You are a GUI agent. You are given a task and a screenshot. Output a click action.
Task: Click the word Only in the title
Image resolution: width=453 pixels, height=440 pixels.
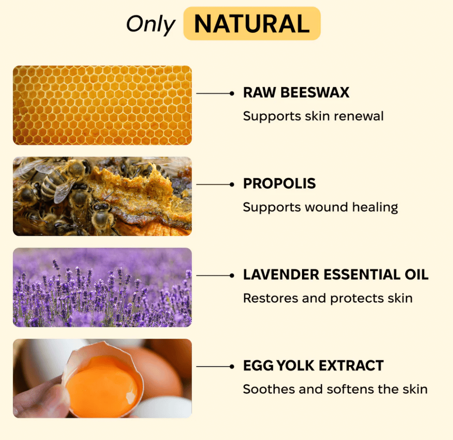[151, 24]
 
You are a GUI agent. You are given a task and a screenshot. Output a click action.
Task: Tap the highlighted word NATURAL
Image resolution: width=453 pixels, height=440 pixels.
[252, 24]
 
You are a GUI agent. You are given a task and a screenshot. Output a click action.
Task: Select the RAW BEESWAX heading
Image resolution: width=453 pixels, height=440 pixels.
[296, 93]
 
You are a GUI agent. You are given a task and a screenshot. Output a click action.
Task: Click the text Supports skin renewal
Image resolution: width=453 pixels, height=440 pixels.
[313, 116]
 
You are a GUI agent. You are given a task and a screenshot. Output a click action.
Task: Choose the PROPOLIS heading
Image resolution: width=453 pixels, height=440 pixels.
[279, 183]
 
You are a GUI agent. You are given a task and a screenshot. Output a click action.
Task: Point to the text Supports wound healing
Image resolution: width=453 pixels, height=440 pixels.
[321, 207]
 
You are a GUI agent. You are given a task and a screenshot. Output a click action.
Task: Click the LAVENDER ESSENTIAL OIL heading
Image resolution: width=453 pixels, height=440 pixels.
[336, 275]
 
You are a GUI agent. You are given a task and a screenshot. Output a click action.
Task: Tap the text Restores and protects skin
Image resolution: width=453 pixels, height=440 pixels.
[328, 298]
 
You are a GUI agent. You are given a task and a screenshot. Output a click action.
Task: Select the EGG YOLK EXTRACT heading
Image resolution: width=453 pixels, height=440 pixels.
[314, 365]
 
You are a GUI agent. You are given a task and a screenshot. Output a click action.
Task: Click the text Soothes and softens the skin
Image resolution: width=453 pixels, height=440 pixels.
[335, 389]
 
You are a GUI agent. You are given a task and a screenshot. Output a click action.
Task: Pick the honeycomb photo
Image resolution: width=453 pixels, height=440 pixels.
[102, 105]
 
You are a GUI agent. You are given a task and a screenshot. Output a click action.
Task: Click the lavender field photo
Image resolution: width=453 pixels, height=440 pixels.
[102, 288]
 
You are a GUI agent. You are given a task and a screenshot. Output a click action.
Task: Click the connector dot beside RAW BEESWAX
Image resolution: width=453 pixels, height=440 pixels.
[232, 93]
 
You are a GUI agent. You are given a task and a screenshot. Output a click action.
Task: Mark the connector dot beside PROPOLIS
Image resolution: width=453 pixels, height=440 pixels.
[232, 184]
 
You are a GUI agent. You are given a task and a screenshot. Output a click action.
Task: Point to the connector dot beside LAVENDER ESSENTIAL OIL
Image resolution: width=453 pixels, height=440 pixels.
[232, 276]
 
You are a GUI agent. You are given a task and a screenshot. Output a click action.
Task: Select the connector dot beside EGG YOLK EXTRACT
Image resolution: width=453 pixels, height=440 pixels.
[232, 367]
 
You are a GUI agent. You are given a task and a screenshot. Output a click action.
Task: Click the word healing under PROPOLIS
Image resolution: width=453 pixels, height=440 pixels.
[375, 207]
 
